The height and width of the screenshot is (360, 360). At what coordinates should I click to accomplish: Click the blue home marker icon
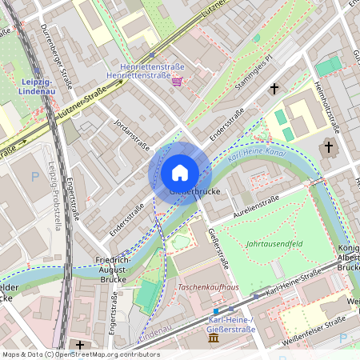[x=179, y=173]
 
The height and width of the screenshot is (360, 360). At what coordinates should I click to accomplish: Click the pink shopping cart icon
[x=176, y=81]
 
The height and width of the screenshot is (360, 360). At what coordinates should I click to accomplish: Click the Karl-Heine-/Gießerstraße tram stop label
[x=226, y=324]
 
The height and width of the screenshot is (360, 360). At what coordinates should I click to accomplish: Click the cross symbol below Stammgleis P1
[x=274, y=89]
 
